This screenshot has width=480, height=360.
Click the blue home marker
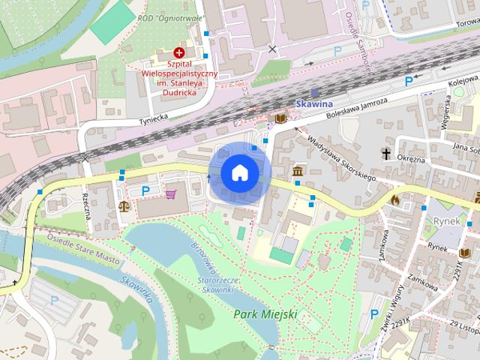(x=240, y=172)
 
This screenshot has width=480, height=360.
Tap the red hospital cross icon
(x=178, y=52)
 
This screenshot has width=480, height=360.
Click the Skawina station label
(x=314, y=106)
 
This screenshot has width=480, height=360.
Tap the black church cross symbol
(x=387, y=154)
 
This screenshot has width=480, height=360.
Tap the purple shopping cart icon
(x=170, y=194)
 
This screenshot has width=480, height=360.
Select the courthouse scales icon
(x=124, y=204)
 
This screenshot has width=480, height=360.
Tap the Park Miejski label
(x=265, y=314)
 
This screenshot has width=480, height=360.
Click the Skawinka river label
(x=137, y=289)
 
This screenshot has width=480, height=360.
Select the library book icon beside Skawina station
(x=280, y=118)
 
